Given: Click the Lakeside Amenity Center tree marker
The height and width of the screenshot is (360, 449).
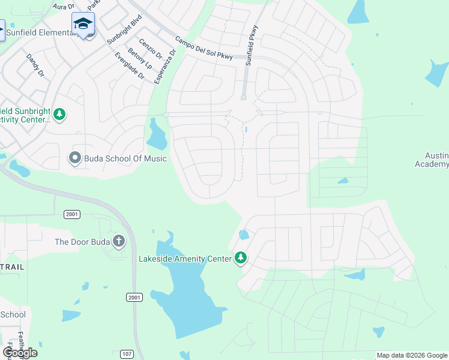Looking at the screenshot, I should pos(241,258).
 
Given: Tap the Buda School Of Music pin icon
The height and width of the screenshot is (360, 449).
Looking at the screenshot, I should pos(74,158).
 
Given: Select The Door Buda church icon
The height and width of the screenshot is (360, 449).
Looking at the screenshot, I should pos(119,242).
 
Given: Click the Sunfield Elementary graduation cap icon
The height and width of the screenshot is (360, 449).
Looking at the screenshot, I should pos(83,23).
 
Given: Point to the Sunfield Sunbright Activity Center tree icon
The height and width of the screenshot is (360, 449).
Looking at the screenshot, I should pos(59,113).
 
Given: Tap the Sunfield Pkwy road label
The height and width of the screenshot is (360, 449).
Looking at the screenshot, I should pos(252,45).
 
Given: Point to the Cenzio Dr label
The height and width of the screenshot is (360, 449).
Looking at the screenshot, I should pos(150,48).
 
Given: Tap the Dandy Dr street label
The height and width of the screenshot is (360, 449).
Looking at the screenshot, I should pos(35,65).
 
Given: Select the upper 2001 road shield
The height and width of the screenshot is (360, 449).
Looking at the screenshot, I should pos(71,214).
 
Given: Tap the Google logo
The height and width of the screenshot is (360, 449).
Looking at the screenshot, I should pos(20,352).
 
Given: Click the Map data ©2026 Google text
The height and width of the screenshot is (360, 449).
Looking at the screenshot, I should pos(412,355).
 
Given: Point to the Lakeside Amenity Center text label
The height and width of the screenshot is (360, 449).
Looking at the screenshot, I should pos(185,259).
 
